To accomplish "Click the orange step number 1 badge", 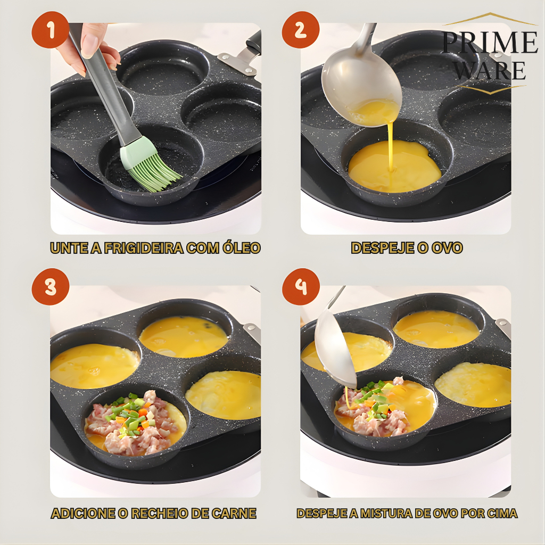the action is pyautogui.click(x=51, y=30).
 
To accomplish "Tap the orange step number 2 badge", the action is pyautogui.click(x=301, y=30).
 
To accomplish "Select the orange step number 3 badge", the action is pyautogui.click(x=51, y=287).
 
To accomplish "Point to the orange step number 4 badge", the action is pyautogui.click(x=301, y=287).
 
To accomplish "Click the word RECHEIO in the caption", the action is pyautogui.click(x=158, y=514).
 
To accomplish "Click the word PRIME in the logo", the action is pyautogui.click(x=490, y=43).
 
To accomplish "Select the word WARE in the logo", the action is pyautogui.click(x=490, y=70).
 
